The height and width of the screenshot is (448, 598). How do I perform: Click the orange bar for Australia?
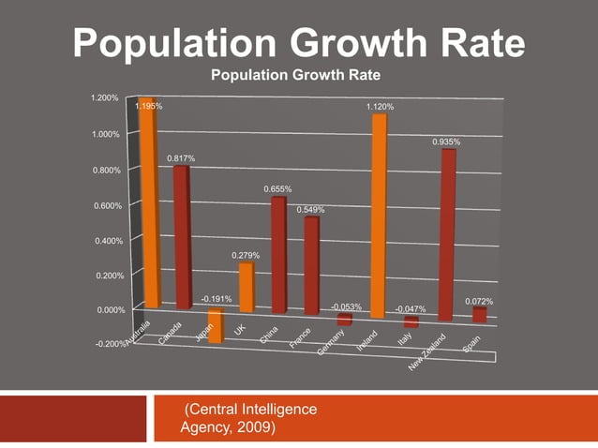[x=146, y=202]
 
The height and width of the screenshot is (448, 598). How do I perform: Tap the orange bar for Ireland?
[x=380, y=216]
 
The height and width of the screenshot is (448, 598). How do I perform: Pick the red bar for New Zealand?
[x=448, y=234]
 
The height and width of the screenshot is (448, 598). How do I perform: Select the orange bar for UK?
[x=246, y=288]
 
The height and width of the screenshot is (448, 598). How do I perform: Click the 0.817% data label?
[x=181, y=158]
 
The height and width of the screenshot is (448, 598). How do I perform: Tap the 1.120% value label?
[x=380, y=108]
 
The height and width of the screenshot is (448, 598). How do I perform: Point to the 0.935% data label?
[x=446, y=142]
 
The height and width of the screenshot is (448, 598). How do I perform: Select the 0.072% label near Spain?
[x=479, y=301]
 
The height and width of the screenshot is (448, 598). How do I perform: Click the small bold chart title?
[x=295, y=75]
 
